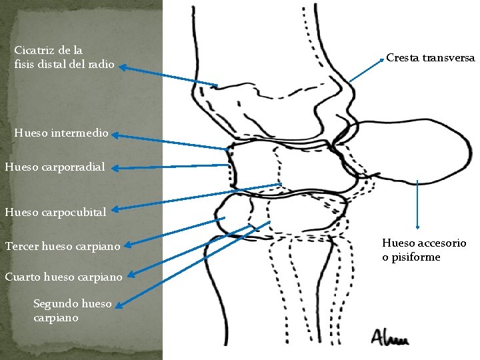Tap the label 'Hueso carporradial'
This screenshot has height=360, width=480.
click(x=55, y=167)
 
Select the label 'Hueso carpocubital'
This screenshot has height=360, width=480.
click(x=55, y=213)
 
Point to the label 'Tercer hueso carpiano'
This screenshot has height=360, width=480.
click(x=63, y=247)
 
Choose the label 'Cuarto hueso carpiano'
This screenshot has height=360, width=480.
click(x=63, y=276)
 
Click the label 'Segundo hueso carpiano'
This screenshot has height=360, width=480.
click(x=73, y=310)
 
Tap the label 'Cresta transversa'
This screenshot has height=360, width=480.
click(x=431, y=58)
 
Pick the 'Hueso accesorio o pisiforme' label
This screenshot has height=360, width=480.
click(x=424, y=250)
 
